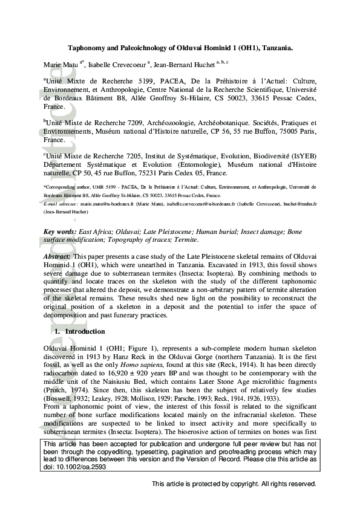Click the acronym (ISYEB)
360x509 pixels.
tap(302, 155)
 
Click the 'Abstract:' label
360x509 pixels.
tap(58, 256)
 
